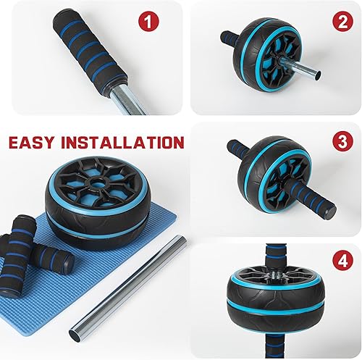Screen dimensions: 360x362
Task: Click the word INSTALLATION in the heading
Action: tap(127, 142)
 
